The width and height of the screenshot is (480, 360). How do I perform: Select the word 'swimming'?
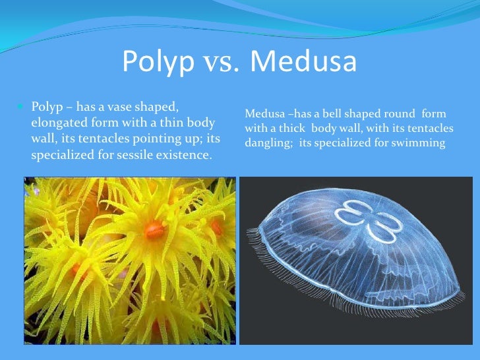pos(422,142)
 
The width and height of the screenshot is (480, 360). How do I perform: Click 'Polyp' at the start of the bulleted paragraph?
pos(45,106)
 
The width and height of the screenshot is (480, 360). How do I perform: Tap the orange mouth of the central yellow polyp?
pos(155,229)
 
